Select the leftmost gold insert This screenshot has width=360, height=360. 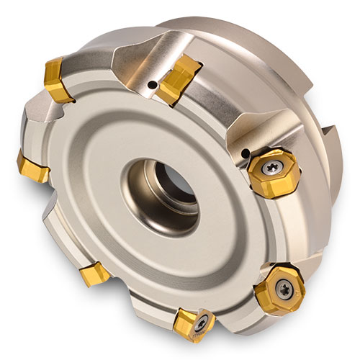pyautogui.click(x=32, y=166)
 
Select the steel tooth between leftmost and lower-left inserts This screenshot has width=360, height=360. pyautogui.click(x=50, y=223)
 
